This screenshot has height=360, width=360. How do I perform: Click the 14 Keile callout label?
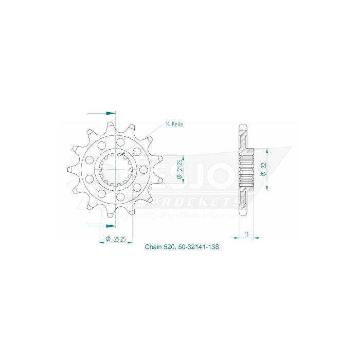pyautogui.click(x=174, y=124)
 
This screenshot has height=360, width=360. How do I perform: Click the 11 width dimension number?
pyautogui.click(x=247, y=234)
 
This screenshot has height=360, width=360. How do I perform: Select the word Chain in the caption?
pyautogui.click(x=153, y=247)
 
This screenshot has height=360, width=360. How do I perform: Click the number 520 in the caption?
pyautogui.click(x=171, y=247)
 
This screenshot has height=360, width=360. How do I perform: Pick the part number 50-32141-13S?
pyautogui.click(x=200, y=247)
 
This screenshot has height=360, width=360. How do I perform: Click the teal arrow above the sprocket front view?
pyautogui.click(x=110, y=113)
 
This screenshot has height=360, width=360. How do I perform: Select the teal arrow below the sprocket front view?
pyautogui.click(x=110, y=225)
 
